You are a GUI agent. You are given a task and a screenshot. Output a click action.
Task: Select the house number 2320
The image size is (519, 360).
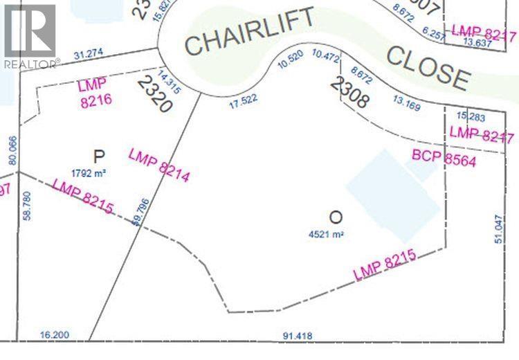pyautogui.click(x=154, y=94)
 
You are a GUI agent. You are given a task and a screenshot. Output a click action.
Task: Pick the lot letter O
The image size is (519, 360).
pyautogui.click(x=336, y=217)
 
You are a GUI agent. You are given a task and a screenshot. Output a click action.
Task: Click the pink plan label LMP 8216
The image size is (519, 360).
pyautogui.click(x=94, y=94)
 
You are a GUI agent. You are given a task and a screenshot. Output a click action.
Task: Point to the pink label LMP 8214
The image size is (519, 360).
pyautogui.click(x=159, y=165)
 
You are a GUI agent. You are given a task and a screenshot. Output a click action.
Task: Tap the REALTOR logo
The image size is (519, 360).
pyautogui.click(x=30, y=35)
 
